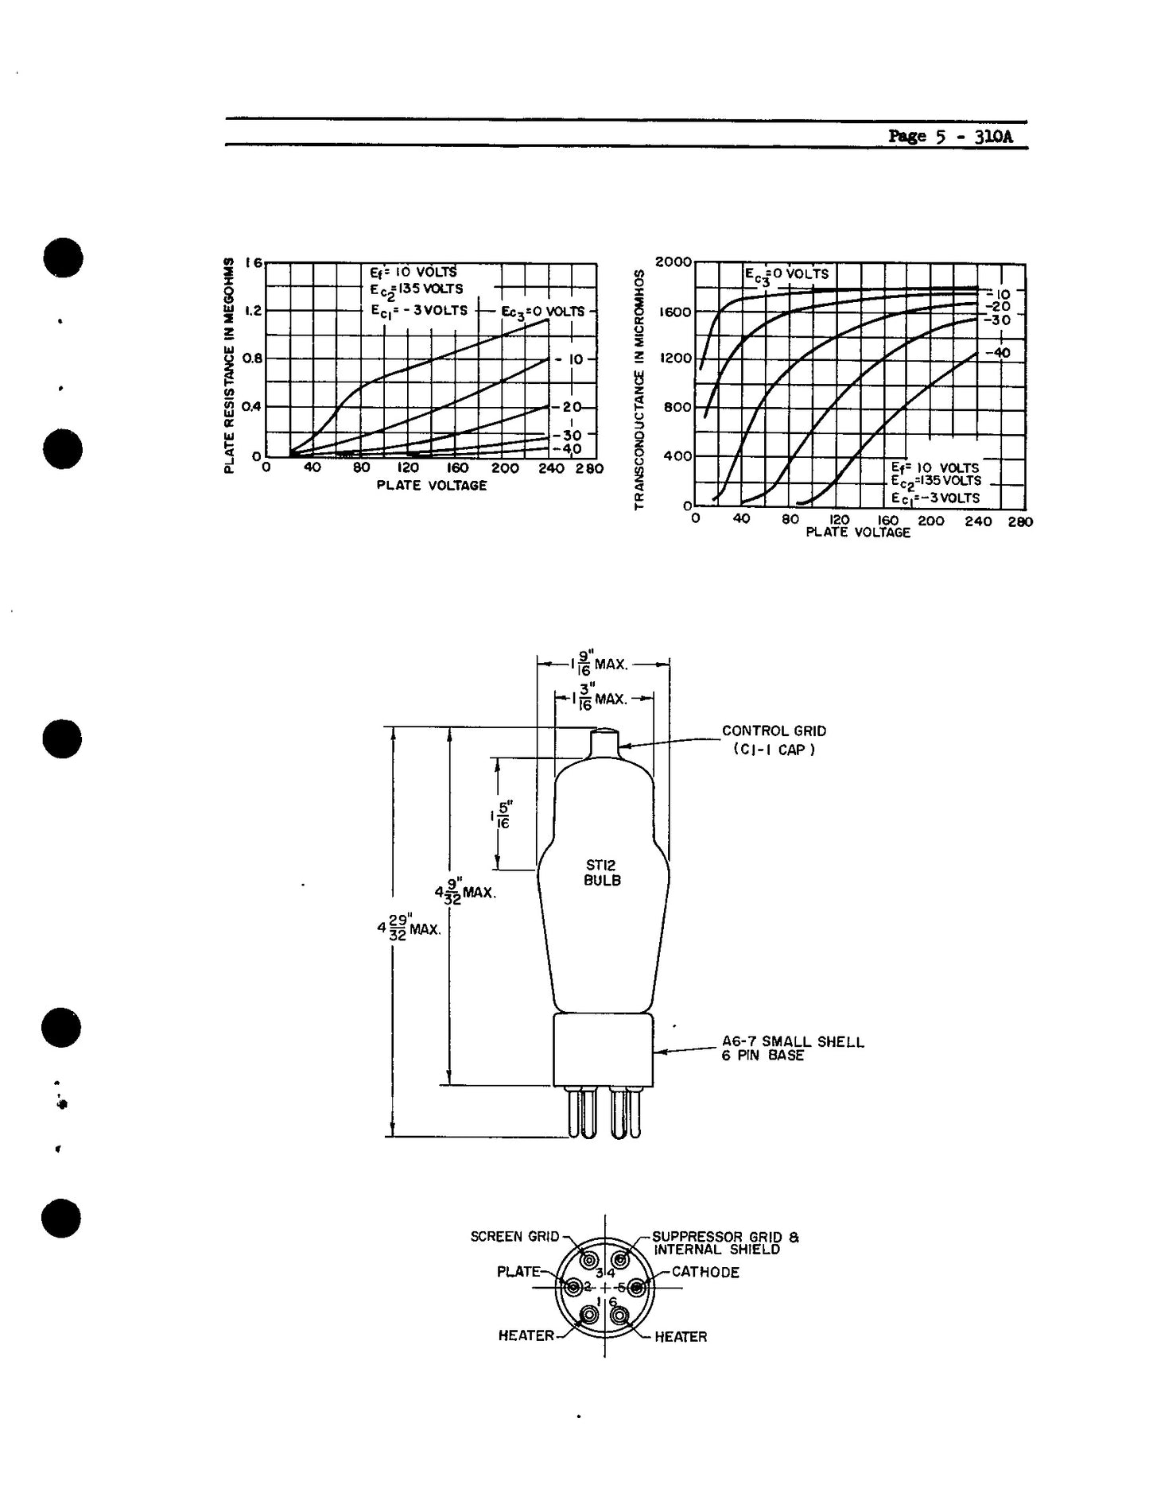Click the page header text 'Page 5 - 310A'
[950, 136]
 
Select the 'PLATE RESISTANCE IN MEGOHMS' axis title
[229, 365]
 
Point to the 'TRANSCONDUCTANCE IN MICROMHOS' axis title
[638, 390]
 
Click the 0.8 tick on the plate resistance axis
[253, 358]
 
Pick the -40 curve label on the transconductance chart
[996, 352]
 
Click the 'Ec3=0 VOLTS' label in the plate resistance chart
[543, 311]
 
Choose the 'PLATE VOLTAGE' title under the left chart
[431, 486]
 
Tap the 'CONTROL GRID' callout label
[774, 731]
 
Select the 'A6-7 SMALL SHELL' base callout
[792, 1041]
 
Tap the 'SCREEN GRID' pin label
[514, 1237]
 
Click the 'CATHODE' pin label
[705, 1272]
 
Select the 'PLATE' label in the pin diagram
[518, 1272]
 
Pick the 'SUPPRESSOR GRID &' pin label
[725, 1237]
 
